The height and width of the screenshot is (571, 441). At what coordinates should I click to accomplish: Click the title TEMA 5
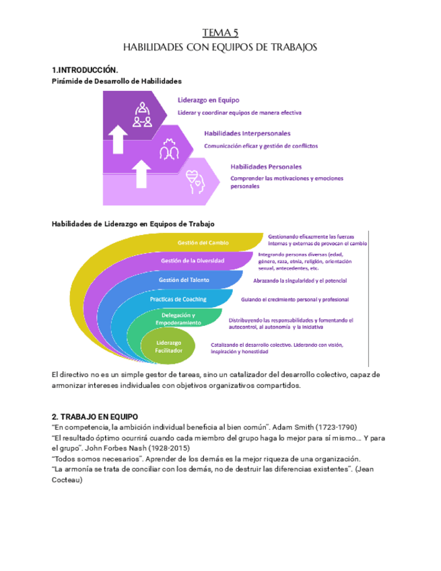tap(220, 32)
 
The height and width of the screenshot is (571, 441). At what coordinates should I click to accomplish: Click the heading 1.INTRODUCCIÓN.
tap(85, 70)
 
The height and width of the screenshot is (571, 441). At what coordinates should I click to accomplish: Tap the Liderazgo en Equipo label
tap(203, 100)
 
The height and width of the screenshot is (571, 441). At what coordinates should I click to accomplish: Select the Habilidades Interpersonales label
tap(247, 133)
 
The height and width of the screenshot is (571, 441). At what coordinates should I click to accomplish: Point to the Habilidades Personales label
tap(266, 166)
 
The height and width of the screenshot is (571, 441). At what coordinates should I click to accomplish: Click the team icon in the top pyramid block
tap(142, 114)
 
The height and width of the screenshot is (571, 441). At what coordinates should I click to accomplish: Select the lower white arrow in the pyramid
tap(142, 173)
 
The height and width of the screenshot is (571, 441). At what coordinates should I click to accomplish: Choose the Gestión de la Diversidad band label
tap(193, 261)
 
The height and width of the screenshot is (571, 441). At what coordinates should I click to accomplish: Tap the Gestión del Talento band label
tap(184, 279)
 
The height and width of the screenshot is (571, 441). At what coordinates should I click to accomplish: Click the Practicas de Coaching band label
tap(178, 299)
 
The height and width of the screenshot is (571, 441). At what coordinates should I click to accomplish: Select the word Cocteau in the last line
tap(67, 480)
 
